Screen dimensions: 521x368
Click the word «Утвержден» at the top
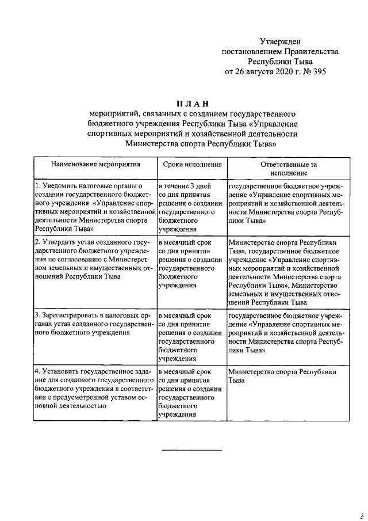[x=280, y=41]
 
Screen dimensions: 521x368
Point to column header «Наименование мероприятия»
[x=95, y=164]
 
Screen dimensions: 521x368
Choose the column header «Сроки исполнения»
[x=192, y=164]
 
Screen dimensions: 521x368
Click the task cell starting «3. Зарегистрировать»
[x=95, y=324]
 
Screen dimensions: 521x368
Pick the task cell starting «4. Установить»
[x=95, y=389]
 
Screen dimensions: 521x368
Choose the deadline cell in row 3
[x=192, y=337]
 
